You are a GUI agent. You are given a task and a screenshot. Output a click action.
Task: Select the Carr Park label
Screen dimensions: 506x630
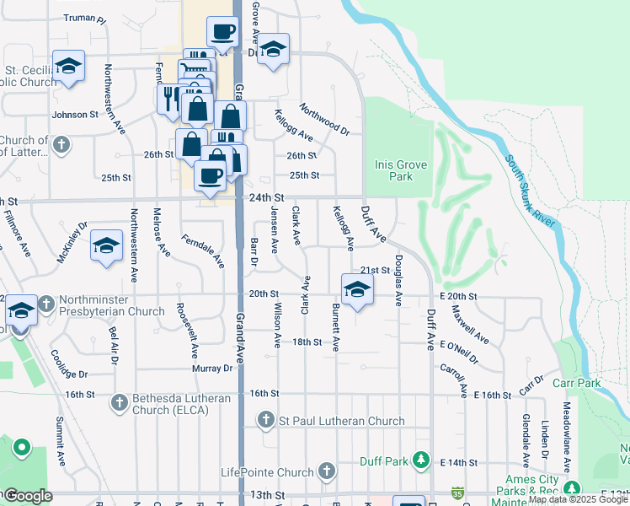click(577, 383)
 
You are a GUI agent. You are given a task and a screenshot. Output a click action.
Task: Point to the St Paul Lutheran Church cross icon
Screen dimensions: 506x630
click(265, 419)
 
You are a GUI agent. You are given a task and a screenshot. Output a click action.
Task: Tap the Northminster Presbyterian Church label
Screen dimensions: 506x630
click(111, 311)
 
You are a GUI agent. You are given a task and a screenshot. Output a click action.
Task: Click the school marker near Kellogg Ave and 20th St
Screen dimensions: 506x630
click(357, 288)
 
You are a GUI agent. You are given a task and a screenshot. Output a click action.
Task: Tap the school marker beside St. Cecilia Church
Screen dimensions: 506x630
click(68, 66)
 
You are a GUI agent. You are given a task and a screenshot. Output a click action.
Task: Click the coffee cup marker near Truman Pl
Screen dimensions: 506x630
click(222, 32)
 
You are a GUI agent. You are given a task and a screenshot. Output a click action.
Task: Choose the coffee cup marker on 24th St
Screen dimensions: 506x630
click(210, 176)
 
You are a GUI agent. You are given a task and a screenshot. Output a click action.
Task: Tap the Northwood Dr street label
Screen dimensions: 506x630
click(324, 119)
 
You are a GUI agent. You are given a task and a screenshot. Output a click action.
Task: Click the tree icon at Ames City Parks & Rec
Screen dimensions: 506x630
click(572, 488)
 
